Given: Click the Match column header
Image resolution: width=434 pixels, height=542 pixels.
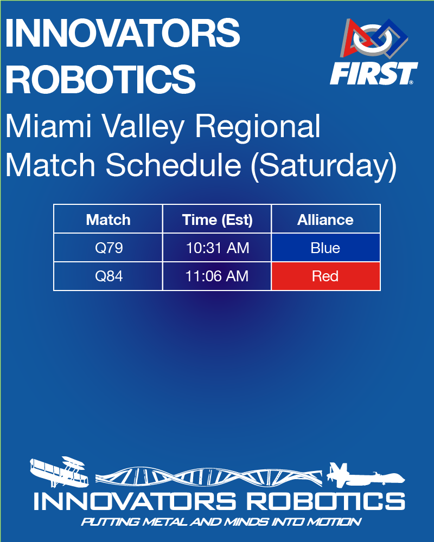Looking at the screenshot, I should [108, 220].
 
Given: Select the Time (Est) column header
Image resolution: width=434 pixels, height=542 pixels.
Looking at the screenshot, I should [217, 220].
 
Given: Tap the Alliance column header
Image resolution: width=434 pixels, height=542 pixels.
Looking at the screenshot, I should [325, 220].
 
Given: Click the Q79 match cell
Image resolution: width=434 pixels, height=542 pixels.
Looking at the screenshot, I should [108, 248].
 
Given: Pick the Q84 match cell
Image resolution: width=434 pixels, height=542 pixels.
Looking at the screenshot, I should [108, 276].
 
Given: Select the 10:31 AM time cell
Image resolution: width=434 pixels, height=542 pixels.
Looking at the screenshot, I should [217, 248].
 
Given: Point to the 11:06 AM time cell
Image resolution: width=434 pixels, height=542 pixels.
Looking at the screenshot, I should [217, 276].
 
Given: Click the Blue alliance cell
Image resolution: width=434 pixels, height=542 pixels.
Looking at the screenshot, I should [325, 248].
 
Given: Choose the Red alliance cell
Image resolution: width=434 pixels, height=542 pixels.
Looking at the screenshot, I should [325, 276].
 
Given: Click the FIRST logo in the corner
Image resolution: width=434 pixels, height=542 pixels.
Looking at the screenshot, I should [374, 53].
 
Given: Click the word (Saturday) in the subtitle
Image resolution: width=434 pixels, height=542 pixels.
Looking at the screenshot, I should [323, 166].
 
